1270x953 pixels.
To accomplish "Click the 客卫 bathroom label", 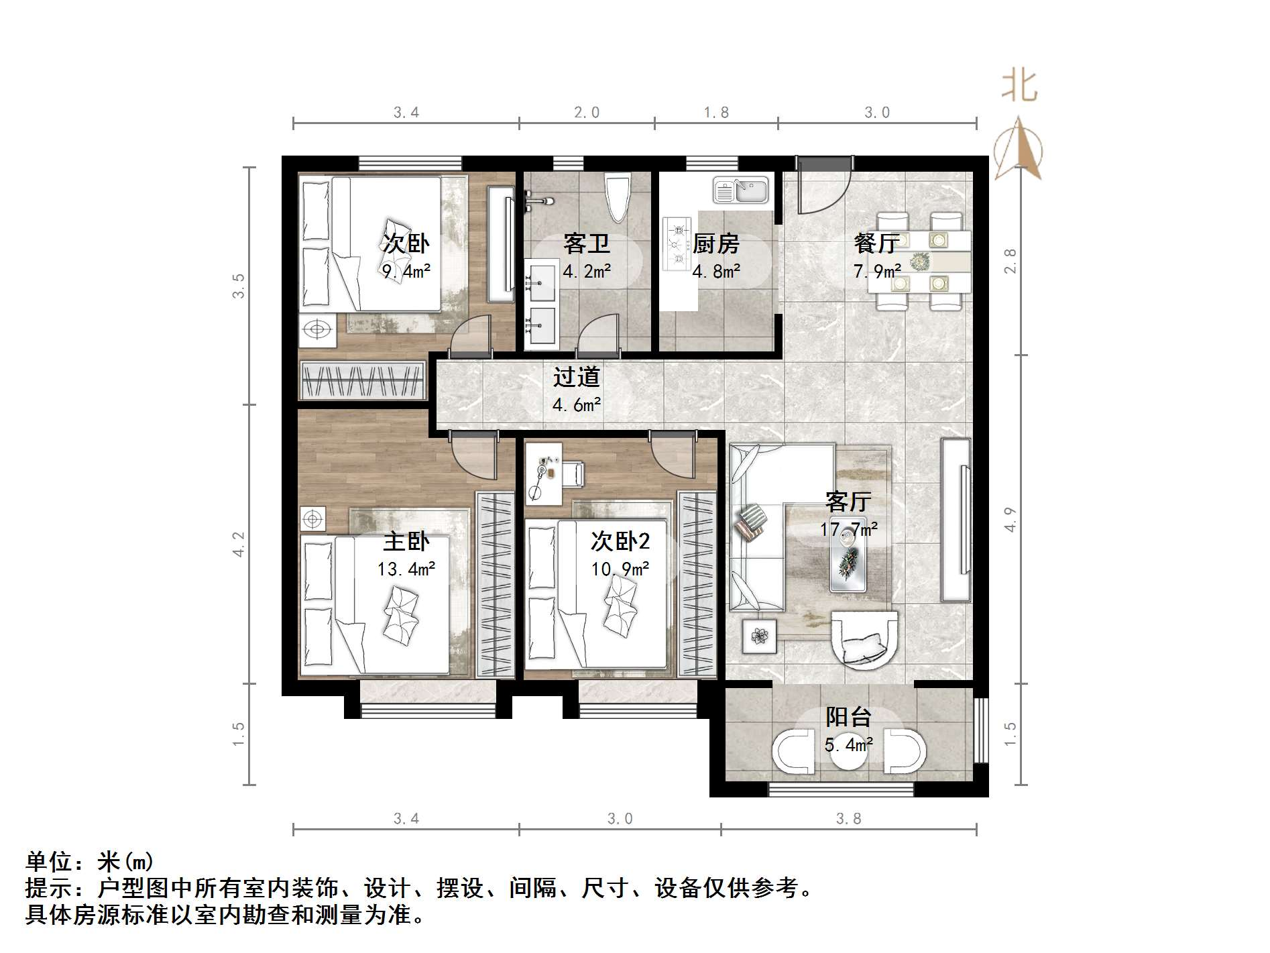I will coord(587,243).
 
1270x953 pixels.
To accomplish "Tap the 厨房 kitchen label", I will coord(715,243).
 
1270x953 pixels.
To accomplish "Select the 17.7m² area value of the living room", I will coord(848,530).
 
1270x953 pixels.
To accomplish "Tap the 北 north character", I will coord(1019,87).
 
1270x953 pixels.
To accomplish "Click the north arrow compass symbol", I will coord(1018,149).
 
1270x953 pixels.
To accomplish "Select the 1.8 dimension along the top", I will coord(716,113).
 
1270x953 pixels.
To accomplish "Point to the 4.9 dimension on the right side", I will coord(1011,519).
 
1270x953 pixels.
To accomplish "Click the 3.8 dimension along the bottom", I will coord(848,818).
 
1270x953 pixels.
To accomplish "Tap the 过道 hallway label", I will coord(576,378).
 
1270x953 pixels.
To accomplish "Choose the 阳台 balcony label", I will coord(848,717).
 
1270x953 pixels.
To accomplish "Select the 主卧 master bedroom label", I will coord(406,542).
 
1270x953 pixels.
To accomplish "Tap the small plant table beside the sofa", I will coord(760,636).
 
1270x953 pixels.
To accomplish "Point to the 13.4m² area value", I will coord(406,569).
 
